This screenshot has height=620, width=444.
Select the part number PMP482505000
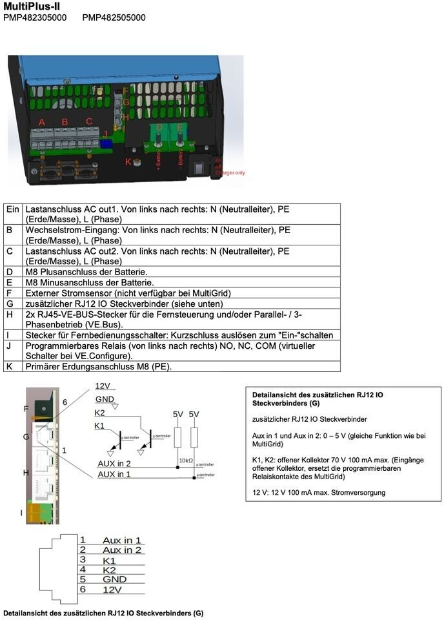point(114,17)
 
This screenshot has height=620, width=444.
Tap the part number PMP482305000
point(35,17)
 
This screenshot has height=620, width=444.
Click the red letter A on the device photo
point(42,122)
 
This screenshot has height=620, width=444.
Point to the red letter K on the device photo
point(128,161)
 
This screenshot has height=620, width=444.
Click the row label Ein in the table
point(13,210)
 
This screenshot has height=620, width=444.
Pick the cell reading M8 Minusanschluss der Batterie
point(89,282)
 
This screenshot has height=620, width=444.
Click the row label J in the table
point(9,346)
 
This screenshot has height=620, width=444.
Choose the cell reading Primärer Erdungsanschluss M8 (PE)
point(98,366)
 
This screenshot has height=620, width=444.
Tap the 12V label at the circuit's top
point(103,386)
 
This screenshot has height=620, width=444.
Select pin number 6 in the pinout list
point(83,590)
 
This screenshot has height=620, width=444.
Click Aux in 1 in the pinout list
point(122,540)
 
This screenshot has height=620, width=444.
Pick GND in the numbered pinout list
point(115,579)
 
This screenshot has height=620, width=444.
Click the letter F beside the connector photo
point(26,409)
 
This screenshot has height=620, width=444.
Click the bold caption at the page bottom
point(103,612)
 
